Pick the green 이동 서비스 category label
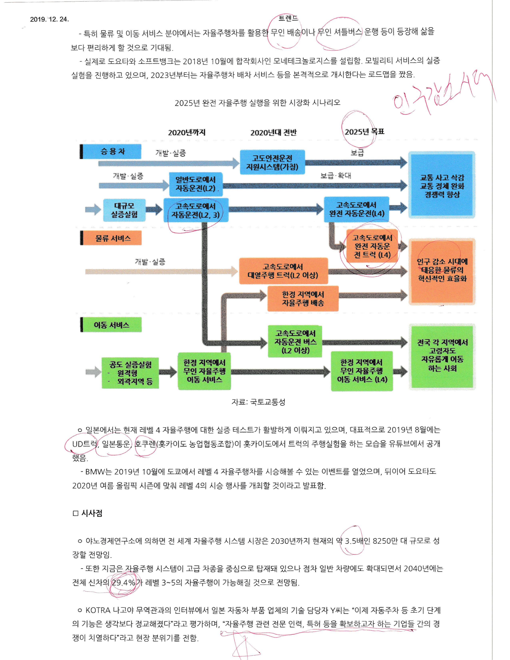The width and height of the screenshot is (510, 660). [111, 325]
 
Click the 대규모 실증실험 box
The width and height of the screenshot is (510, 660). [124, 210]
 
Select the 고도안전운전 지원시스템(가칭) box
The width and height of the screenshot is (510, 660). [272, 162]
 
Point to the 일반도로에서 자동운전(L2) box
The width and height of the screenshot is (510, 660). [196, 184]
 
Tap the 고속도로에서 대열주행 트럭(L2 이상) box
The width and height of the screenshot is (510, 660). [283, 271]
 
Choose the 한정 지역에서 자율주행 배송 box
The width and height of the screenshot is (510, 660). [303, 299]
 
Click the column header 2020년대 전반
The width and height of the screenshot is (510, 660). [273, 132]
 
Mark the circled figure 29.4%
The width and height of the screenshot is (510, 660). [123, 583]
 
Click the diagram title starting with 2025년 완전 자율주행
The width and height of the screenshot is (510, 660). [257, 103]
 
